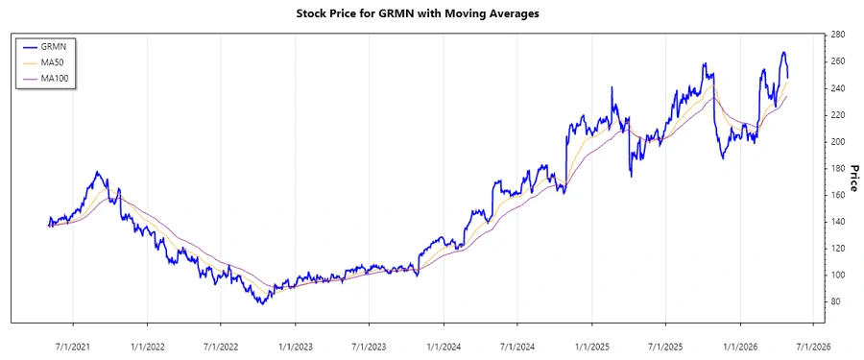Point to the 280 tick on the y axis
(x=837, y=35)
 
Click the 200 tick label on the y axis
(x=837, y=141)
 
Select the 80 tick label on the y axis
(x=835, y=301)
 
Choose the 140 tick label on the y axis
(x=837, y=222)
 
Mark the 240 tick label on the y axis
(x=837, y=88)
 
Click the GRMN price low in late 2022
(x=260, y=303)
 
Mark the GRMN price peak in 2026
(x=783, y=52)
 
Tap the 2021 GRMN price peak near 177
(x=98, y=173)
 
